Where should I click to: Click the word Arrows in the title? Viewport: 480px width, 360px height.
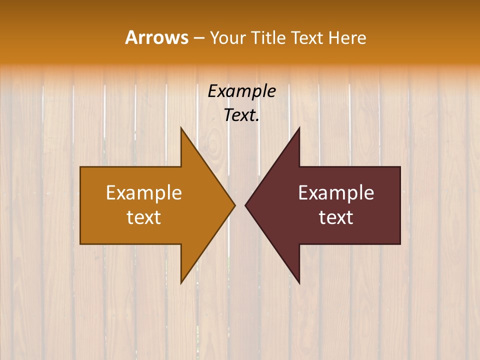156,37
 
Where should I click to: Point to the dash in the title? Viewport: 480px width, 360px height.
198,38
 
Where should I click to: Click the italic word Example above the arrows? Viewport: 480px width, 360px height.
241,91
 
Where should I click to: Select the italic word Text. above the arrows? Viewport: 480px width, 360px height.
241,115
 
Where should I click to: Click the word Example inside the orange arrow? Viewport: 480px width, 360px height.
144,192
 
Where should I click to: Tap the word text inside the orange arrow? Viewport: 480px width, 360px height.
144,217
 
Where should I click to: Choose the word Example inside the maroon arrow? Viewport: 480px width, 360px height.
336,192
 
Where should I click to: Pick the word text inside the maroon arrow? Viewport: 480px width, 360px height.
336,217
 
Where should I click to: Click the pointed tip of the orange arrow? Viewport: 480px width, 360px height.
235,205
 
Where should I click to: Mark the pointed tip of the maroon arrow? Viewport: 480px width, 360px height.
245,205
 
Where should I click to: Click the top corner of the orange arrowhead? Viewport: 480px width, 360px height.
181,128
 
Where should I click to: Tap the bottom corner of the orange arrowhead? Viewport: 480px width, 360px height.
181,283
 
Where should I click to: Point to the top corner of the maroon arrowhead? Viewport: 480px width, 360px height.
299,128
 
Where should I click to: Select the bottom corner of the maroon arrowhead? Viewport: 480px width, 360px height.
299,283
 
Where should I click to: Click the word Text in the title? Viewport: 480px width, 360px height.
306,37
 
